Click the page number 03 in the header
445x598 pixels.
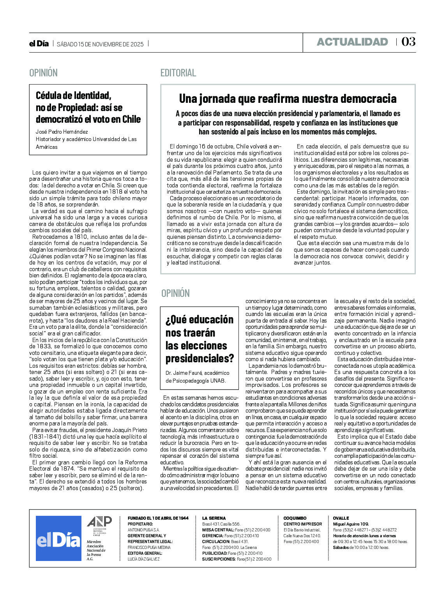click(408, 42)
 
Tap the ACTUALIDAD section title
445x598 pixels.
click(352, 42)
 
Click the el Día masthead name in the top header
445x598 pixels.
click(39, 44)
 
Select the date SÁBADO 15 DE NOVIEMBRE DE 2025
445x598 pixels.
click(100, 44)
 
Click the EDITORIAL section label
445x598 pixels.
click(178, 73)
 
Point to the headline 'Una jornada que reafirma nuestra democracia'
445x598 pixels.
click(288, 99)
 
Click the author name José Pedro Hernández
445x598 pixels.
click(62, 132)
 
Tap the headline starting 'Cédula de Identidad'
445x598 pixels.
click(88, 107)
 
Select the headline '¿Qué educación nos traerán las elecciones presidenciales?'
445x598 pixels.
click(200, 339)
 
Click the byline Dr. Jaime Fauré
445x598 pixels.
click(197, 373)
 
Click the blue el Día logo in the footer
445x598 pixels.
click(58, 539)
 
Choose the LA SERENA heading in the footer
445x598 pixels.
click(214, 518)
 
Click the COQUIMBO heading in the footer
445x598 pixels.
click(295, 518)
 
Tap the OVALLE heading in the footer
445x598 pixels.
click(341, 518)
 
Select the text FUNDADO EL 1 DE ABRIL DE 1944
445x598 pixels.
click(158, 518)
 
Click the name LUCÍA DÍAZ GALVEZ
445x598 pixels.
click(144, 559)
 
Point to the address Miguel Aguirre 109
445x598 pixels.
click(351, 524)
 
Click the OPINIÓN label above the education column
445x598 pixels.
click(175, 293)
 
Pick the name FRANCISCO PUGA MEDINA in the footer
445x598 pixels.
click(149, 547)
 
